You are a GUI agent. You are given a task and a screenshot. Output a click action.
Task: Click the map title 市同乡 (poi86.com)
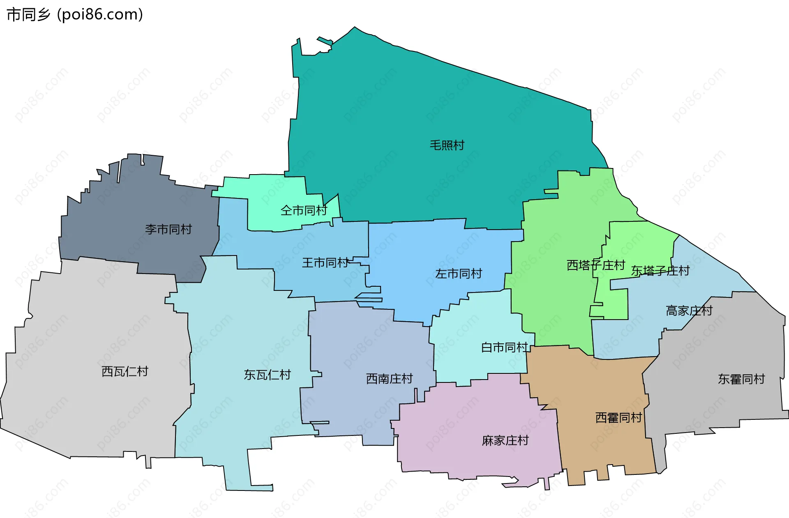point(75,15)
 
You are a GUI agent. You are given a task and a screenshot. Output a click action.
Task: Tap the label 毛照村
point(447,145)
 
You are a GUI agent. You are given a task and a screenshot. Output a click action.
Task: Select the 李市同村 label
point(168,229)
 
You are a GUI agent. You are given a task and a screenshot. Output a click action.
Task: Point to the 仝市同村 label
point(304,210)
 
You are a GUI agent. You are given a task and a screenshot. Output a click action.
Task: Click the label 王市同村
point(325,262)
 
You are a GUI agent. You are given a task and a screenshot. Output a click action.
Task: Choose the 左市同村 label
point(459,274)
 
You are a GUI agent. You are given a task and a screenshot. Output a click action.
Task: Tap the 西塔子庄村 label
point(596,265)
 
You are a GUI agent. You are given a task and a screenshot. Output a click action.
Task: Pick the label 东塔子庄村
point(660,271)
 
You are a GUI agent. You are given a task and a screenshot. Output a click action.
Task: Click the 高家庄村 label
point(689,311)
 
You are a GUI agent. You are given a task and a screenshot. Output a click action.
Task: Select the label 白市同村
point(505,348)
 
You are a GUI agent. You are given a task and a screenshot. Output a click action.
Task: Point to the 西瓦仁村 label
point(125,371)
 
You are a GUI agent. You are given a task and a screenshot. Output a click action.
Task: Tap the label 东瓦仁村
point(268,375)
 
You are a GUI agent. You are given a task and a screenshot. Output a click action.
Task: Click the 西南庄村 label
point(390,378)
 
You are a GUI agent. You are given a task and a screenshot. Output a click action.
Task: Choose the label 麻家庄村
point(505,440)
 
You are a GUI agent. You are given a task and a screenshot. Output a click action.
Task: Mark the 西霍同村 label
point(619,418)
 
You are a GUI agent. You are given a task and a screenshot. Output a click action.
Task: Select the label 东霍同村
point(741,379)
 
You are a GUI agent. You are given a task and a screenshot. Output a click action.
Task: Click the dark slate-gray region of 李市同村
point(123,197)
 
